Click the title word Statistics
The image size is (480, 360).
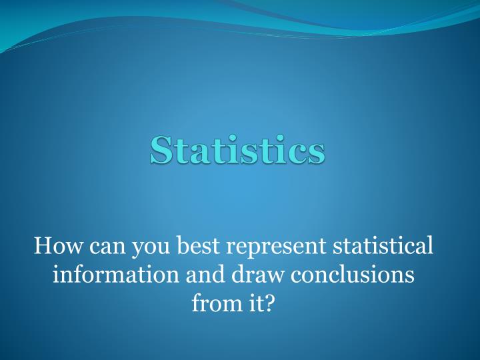[237, 149]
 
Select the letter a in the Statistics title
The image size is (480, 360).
[201, 153]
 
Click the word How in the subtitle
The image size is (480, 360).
[54, 246]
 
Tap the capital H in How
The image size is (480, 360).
[41, 246]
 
